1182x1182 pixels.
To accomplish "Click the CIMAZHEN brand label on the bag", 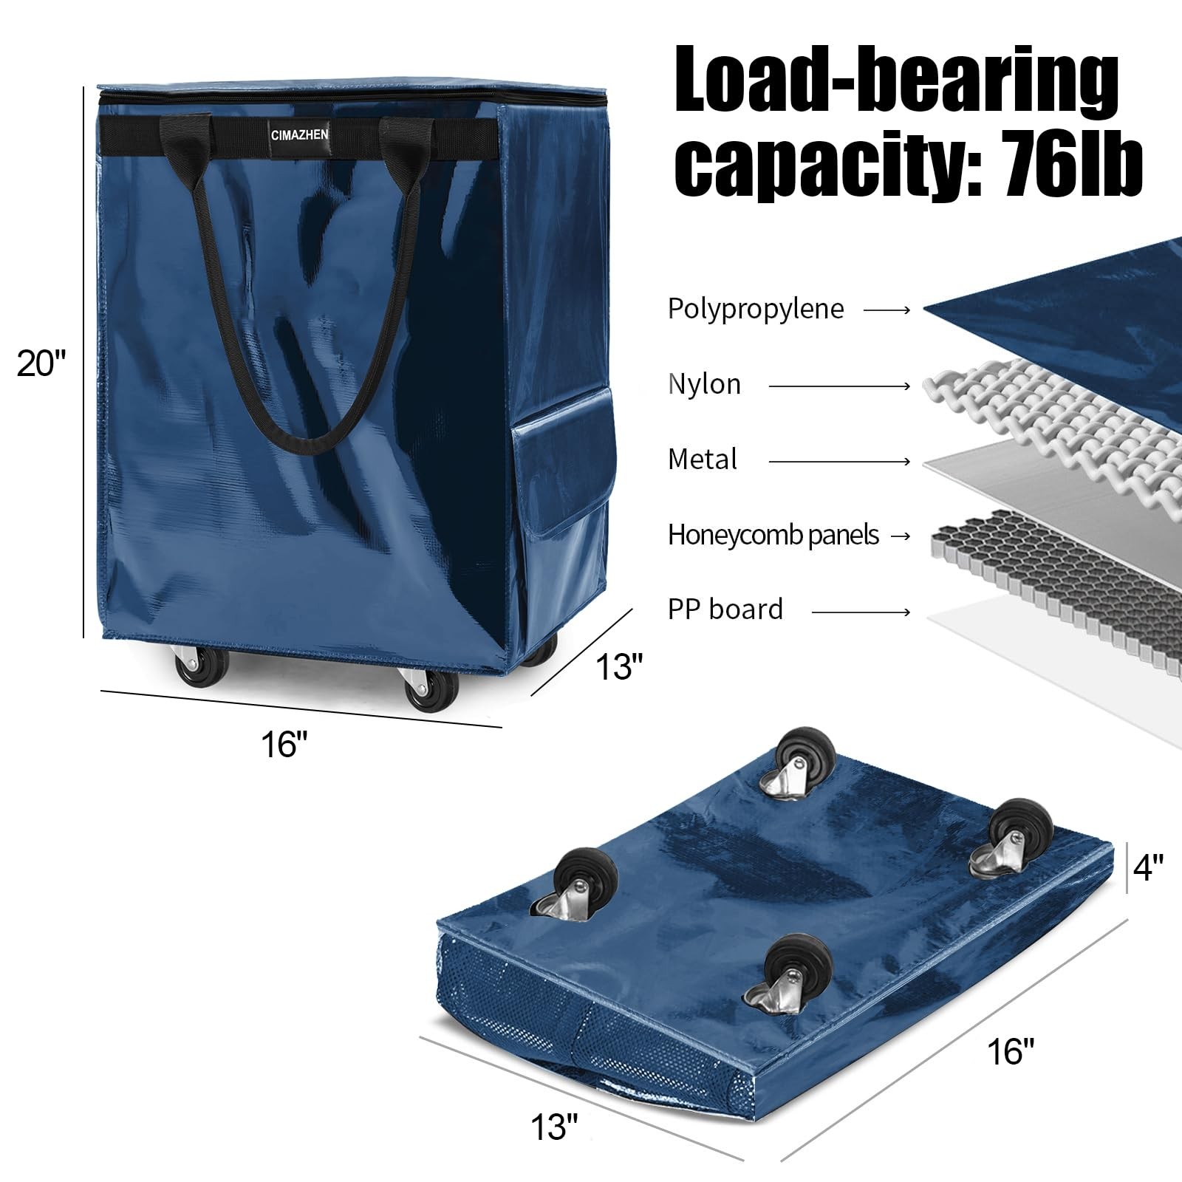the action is [x=300, y=135].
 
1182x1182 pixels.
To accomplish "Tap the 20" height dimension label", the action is [x=42, y=363].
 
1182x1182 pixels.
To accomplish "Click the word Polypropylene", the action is [x=756, y=309].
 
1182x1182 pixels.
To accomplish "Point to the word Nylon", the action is [x=704, y=384].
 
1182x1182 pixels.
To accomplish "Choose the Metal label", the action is [x=703, y=460].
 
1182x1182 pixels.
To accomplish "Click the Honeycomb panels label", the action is [x=773, y=535].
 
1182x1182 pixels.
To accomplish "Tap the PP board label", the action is [x=725, y=609].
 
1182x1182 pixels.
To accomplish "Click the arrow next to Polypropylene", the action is [x=886, y=310].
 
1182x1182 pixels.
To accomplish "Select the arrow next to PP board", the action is [x=861, y=612].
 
